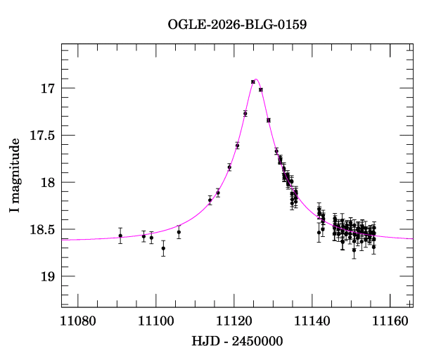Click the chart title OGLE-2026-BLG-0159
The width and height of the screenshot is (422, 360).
coord(237,25)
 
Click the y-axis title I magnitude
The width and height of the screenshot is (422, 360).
coord(14,175)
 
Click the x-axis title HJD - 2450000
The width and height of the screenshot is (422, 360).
coord(237,341)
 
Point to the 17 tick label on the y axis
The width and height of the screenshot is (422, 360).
coord(48,89)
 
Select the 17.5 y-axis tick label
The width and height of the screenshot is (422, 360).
coord(42,135)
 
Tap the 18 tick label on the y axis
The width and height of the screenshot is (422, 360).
coord(48,182)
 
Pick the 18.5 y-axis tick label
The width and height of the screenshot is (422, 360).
coord(42,229)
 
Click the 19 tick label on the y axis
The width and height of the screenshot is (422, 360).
coord(48,276)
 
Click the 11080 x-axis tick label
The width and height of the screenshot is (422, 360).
coord(78,321)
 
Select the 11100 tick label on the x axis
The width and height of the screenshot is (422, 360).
coord(156,321)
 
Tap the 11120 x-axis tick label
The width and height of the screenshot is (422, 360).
coord(234,321)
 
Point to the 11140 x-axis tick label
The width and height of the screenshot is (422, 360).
coord(312,321)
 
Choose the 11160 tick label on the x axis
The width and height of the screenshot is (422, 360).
coord(390,321)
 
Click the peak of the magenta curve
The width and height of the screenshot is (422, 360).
coord(256,79)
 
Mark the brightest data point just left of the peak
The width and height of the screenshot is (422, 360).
coord(253,82)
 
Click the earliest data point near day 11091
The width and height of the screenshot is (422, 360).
coord(120,236)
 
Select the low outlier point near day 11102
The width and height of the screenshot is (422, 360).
coord(163,248)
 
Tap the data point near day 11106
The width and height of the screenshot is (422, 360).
coord(179,232)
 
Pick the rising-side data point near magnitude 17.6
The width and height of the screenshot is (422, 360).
coord(238,146)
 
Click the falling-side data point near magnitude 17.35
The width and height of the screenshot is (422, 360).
coord(269,120)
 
